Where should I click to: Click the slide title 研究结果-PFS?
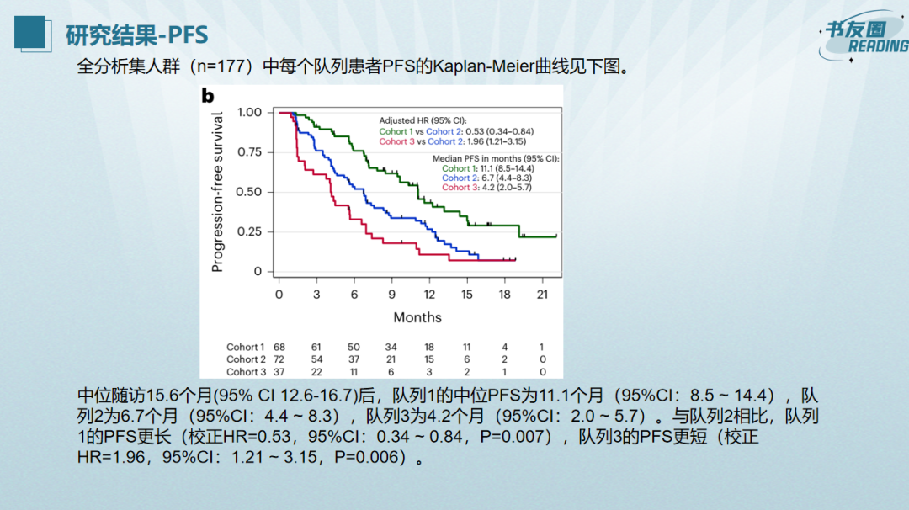pos(136,35)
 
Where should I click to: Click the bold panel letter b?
pos(208,95)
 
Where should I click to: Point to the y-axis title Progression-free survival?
pos(217,192)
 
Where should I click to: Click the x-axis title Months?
pos(417,317)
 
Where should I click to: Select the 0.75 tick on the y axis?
pos(249,152)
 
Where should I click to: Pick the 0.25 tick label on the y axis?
pos(249,232)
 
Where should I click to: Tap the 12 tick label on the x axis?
pos(429,294)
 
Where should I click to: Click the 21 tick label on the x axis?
pos(542,294)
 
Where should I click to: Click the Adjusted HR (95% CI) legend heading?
pos(423,120)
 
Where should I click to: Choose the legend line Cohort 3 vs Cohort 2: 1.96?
pos(456,141)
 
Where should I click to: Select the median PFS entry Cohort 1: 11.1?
pos(488,168)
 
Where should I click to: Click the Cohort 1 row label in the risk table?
pos(245,347)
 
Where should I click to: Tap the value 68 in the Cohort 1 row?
pos(279,347)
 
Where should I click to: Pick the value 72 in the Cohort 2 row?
pos(279,359)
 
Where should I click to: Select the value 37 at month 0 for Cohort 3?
pos(279,372)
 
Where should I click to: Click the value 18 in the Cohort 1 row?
pos(429,347)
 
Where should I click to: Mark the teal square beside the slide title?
pos(29,32)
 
